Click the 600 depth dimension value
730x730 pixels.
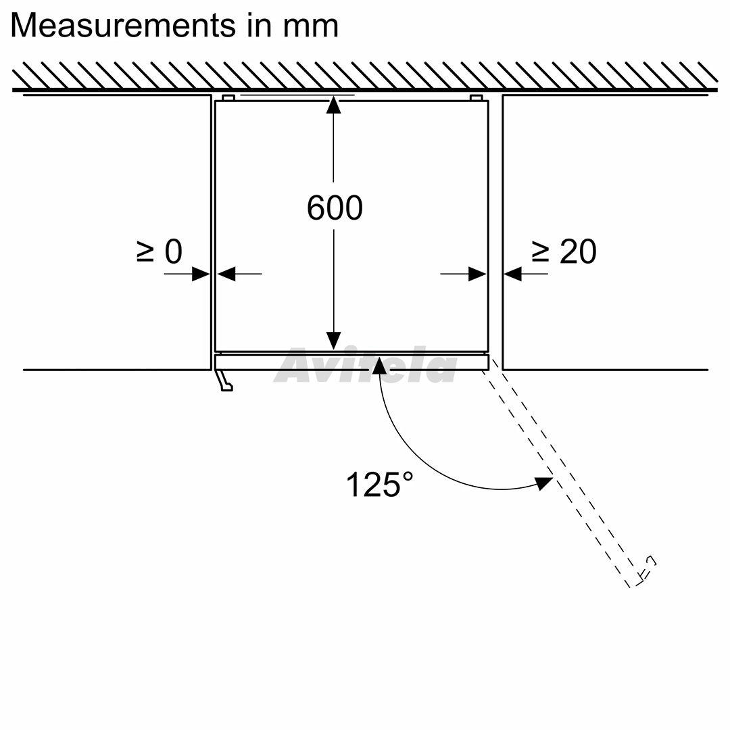coord(335,208)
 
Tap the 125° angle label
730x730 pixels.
coord(379,485)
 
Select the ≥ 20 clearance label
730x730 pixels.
coord(564,251)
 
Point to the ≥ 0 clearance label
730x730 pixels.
coord(160,251)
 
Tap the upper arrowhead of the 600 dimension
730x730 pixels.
coord(333,105)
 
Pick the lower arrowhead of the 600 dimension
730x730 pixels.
coord(333,341)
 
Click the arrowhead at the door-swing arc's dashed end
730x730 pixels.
coord(543,483)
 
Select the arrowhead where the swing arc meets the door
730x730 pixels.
coord(379,366)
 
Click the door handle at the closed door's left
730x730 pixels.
coord(224,381)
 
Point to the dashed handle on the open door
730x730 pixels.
coord(647,569)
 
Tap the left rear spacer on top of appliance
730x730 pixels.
coord(228,98)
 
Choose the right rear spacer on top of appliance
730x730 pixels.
coord(477,98)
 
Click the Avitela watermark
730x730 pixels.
coord(366,366)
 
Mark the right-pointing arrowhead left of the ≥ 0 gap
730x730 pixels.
coord(201,274)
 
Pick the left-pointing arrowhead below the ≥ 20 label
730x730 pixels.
coord(512,274)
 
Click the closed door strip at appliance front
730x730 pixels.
coord(351,361)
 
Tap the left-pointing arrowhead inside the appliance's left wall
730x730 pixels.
coord(226,274)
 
